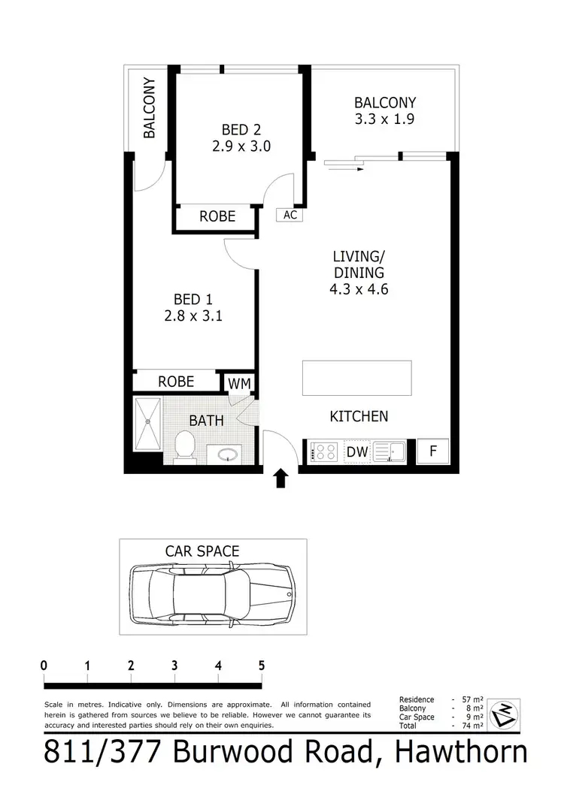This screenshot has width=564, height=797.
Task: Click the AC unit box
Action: click(290, 215)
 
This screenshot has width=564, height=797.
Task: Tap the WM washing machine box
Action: click(240, 383)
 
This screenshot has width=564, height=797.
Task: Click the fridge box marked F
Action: click(432, 451)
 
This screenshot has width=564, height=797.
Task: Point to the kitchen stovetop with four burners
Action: click(325, 452)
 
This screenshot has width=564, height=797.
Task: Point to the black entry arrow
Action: click(281, 479)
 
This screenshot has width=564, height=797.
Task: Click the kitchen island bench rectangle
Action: click(356, 378)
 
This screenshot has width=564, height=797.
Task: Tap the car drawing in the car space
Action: click(213, 592)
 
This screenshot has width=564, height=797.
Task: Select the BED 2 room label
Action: click(241, 129)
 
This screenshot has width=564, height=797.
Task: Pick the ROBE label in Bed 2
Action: click(217, 216)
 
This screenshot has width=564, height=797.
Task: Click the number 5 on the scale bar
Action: click(262, 665)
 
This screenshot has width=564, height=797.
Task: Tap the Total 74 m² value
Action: click(470, 726)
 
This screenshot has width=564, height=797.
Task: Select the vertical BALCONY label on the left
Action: click(150, 108)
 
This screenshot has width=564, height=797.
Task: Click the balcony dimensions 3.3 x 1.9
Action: click(385, 119)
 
